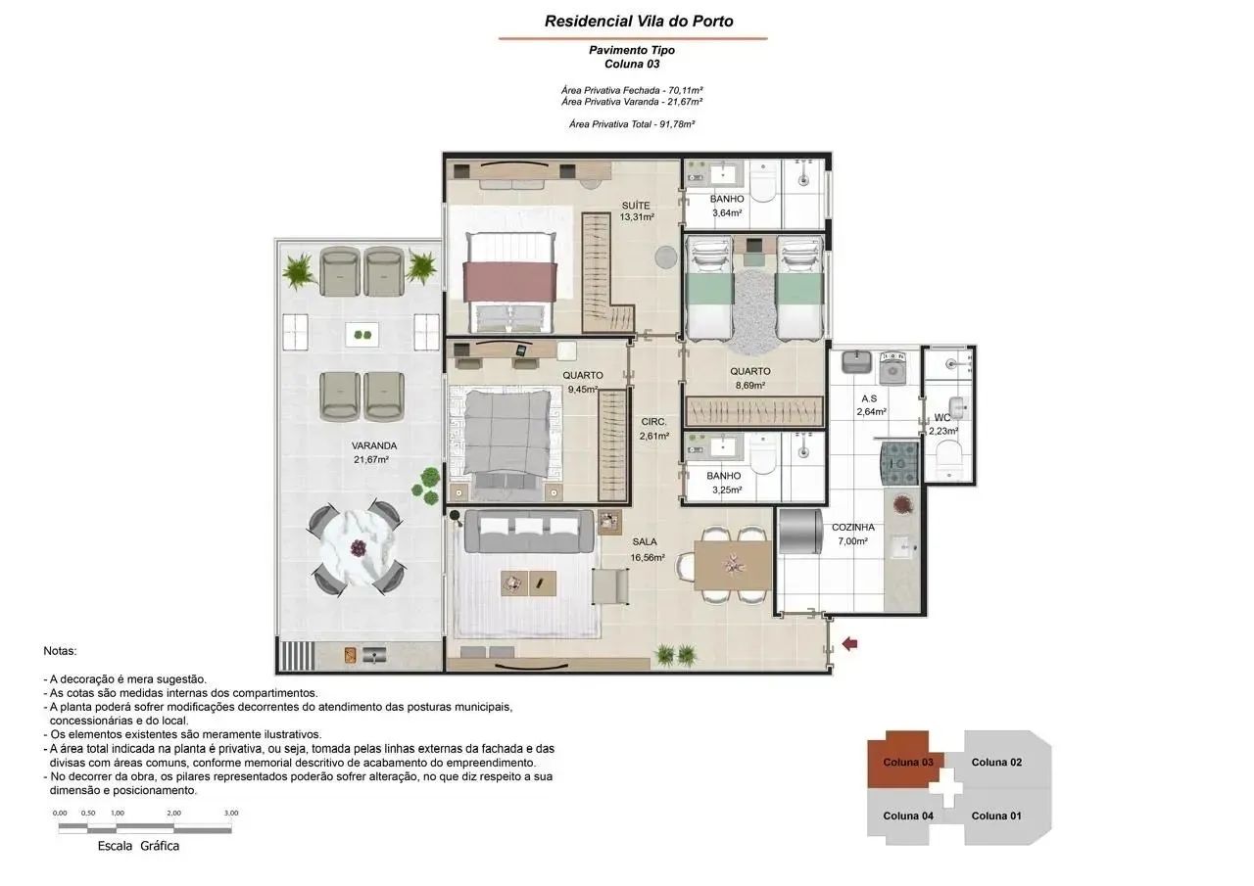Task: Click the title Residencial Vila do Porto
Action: click(639, 22)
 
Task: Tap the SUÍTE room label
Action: click(636, 206)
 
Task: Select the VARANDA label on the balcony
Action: click(374, 445)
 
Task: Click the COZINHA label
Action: click(852, 528)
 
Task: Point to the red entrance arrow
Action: click(849, 644)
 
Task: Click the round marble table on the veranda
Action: click(359, 548)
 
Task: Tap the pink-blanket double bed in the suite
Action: click(510, 283)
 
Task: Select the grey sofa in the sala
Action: click(529, 531)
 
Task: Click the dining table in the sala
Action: click(733, 565)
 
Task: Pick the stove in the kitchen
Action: click(900, 463)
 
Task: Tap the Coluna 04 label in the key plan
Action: click(908, 816)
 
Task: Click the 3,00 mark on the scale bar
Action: click(231, 813)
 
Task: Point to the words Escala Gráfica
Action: click(138, 846)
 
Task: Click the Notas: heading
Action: click(60, 651)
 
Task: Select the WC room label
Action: click(942, 418)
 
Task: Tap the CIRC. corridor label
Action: click(653, 422)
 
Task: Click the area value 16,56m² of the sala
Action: click(648, 558)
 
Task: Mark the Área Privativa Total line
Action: click(632, 124)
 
